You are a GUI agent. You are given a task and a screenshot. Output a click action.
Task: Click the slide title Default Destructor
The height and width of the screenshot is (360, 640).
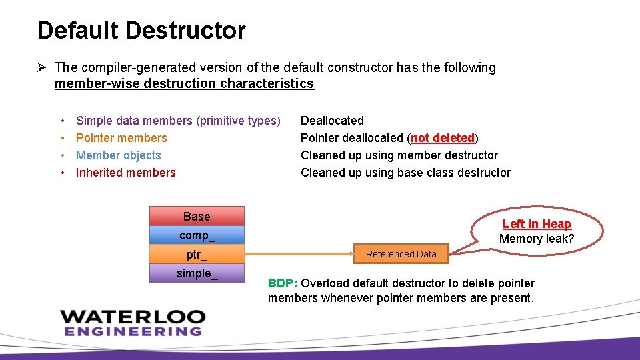(141, 31)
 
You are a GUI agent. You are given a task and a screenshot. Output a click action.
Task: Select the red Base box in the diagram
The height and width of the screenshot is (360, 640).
(197, 216)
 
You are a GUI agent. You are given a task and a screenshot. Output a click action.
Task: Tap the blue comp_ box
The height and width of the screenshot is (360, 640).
(197, 235)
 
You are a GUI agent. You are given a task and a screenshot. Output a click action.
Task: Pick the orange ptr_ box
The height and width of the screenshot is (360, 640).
(197, 255)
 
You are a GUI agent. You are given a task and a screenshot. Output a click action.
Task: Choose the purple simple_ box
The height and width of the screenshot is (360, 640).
(197, 273)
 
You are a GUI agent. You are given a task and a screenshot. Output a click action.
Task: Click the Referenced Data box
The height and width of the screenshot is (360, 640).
(401, 254)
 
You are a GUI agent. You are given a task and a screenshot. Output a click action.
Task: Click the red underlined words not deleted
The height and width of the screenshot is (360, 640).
(442, 138)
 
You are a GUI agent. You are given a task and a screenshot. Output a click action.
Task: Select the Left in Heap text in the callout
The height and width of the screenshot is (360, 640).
(537, 224)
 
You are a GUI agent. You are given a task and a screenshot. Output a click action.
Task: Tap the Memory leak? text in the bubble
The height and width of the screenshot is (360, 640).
(537, 239)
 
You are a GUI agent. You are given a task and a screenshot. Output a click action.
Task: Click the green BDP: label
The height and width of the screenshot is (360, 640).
(283, 283)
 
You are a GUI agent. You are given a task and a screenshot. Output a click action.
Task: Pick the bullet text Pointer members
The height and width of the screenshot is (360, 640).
(121, 138)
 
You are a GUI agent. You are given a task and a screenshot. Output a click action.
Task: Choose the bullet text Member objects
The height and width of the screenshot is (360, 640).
(119, 155)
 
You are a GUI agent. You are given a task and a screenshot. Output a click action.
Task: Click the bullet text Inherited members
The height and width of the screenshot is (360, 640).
(126, 173)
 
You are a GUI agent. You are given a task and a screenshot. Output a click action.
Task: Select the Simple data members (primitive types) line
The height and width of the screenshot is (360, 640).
(178, 121)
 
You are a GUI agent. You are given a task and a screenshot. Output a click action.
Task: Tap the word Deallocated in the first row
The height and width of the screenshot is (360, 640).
(332, 121)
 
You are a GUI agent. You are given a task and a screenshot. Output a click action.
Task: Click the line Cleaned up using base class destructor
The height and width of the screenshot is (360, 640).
(405, 173)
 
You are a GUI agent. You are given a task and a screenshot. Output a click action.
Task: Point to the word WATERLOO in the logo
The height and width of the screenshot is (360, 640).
(133, 317)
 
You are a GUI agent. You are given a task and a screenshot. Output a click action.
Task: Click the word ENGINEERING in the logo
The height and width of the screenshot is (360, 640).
(133, 331)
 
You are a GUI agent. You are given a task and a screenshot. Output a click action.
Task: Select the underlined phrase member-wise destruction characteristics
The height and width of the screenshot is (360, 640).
(184, 84)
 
